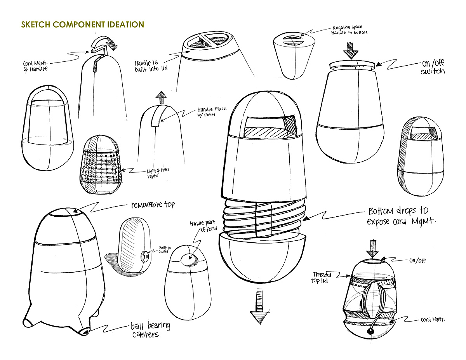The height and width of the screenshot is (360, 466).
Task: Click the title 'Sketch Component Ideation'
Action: [x=83, y=24]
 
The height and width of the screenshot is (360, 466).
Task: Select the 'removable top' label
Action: [x=153, y=205]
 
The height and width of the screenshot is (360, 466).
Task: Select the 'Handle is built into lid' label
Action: [x=152, y=66]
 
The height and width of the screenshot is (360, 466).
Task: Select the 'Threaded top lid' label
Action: [x=321, y=277]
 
